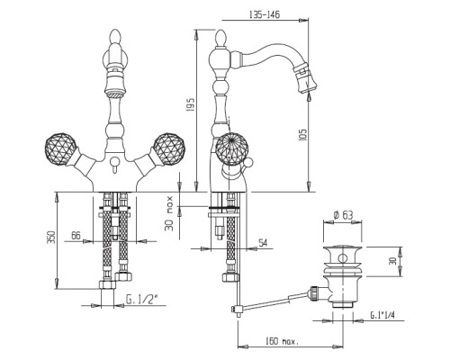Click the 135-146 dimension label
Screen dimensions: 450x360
point(265,14)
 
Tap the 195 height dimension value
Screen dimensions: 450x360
point(191,104)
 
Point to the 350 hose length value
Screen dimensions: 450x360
point(51,238)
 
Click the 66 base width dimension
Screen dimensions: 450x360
point(76,236)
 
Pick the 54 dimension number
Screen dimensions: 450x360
point(263,243)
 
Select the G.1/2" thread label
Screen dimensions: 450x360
point(141,300)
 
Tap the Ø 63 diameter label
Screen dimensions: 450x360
point(343,215)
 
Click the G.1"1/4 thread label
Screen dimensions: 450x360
point(382,315)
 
